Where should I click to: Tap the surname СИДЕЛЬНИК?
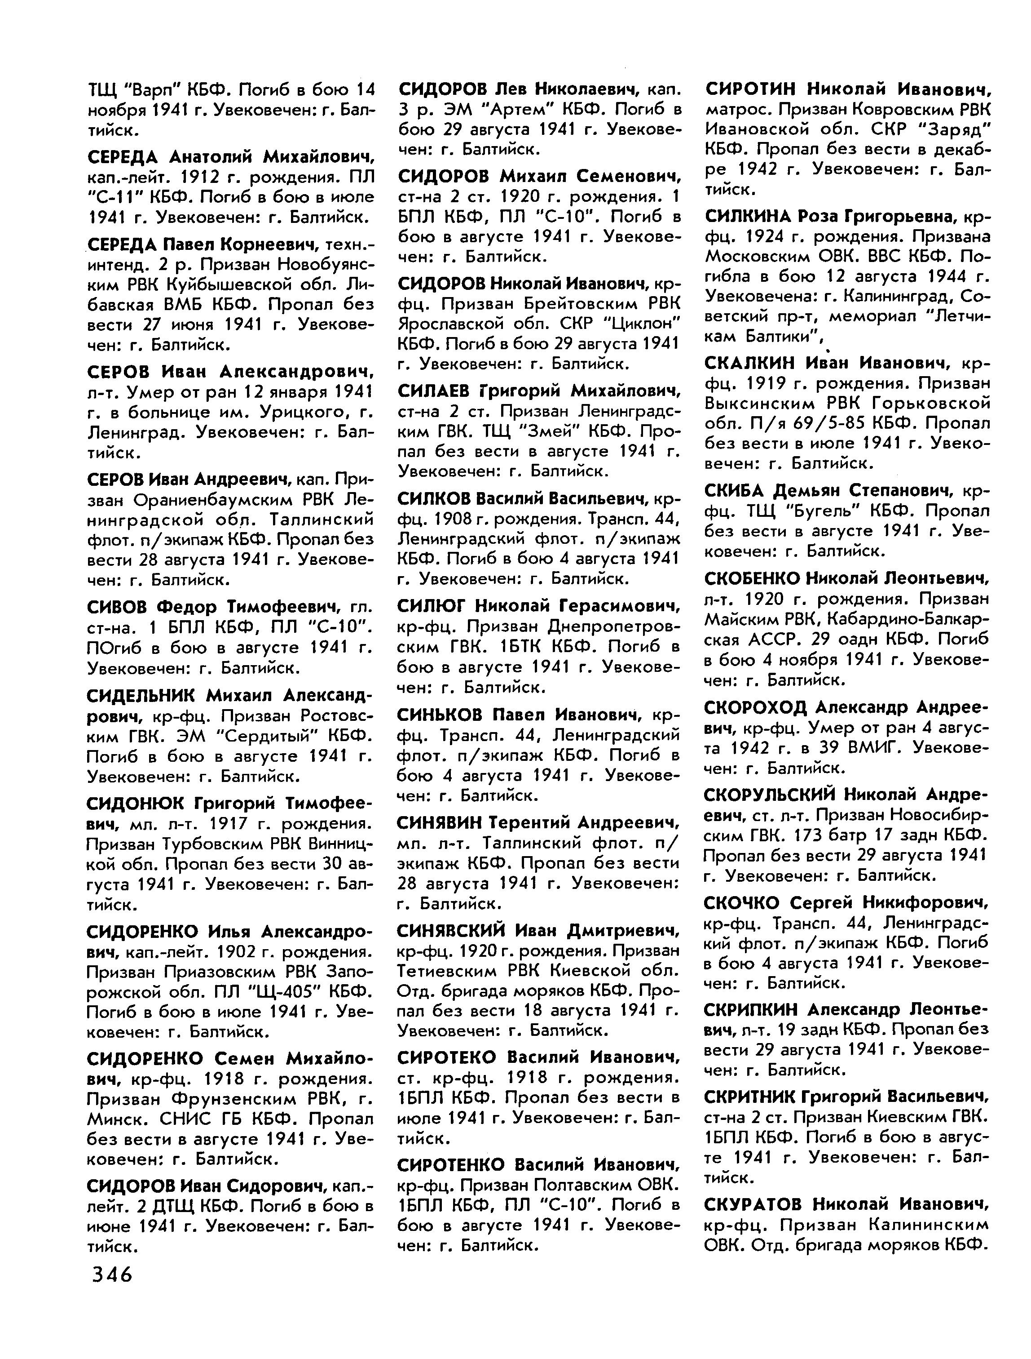coord(141,696)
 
